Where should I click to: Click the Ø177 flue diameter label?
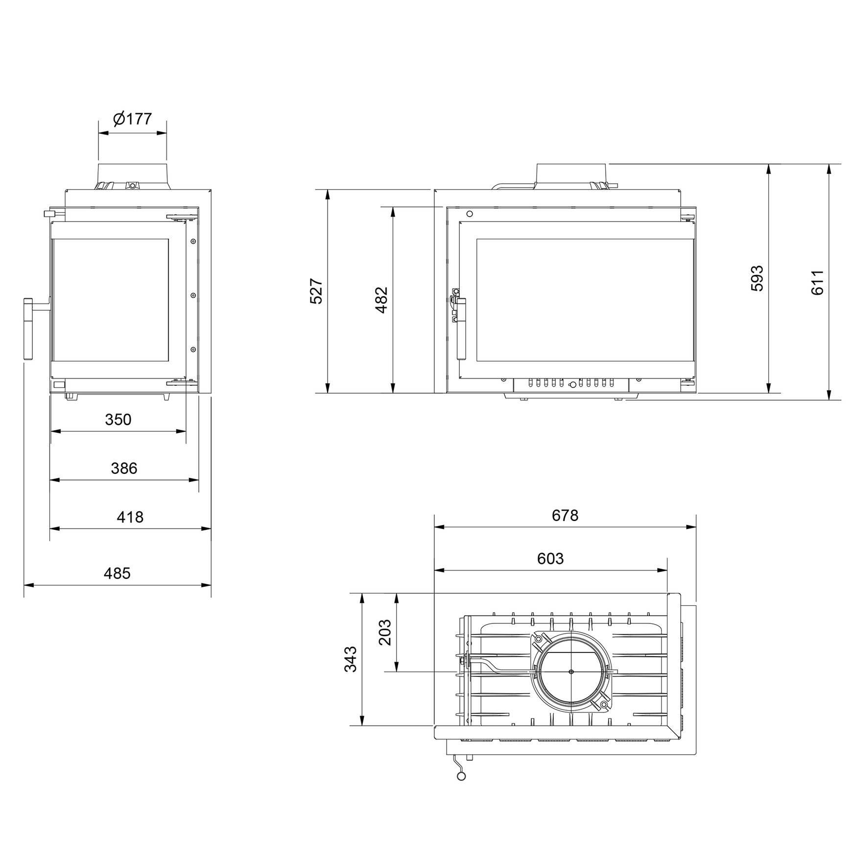[x=132, y=119]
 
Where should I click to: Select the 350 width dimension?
[x=118, y=420]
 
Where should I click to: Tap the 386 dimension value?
[x=124, y=468]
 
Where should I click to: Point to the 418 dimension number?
[x=130, y=517]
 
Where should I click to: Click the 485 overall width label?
[x=117, y=573]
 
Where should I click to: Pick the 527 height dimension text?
[x=316, y=291]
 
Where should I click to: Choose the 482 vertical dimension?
[x=381, y=300]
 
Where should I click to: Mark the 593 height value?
[x=757, y=278]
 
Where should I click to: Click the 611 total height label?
[x=817, y=282]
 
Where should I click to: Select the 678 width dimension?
[x=565, y=515]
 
